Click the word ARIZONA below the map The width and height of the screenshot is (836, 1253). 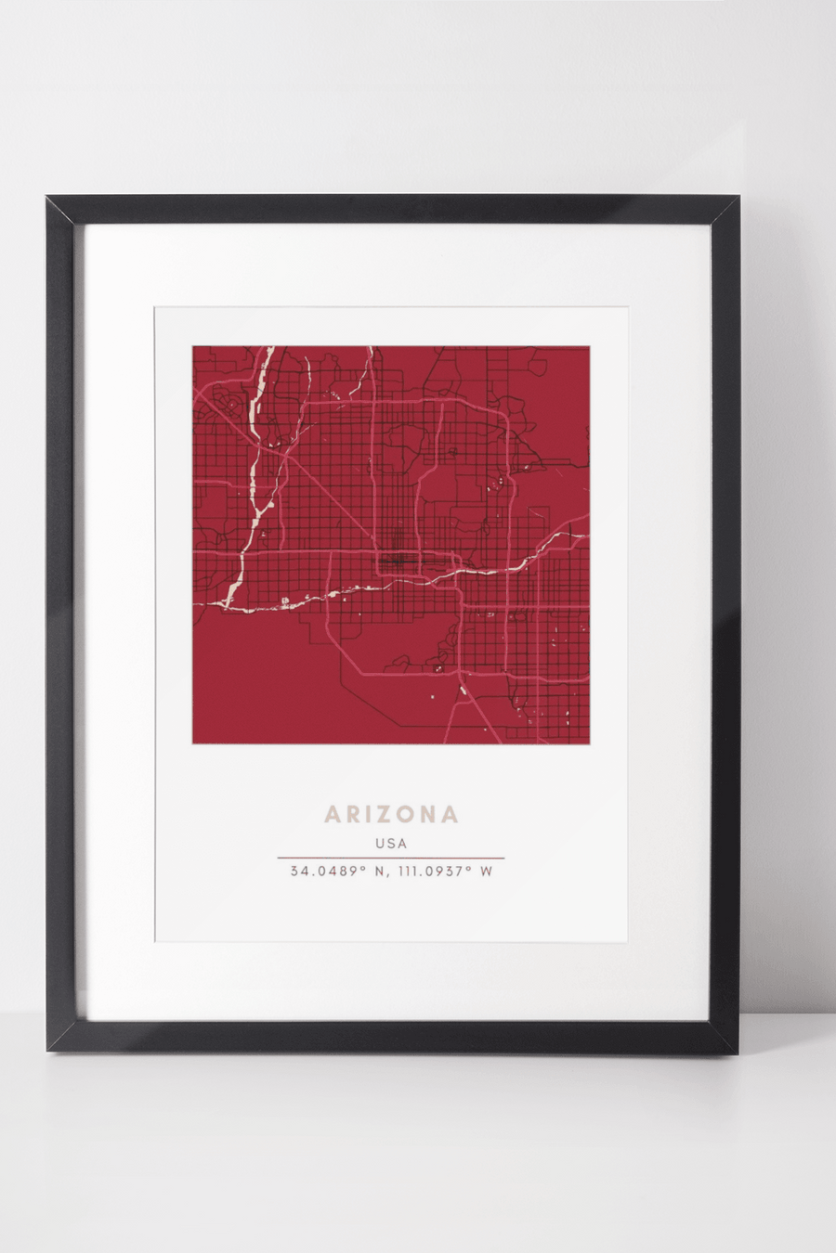pos(391,815)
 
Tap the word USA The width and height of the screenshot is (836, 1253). pos(391,844)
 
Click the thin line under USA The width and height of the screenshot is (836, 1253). pos(391,858)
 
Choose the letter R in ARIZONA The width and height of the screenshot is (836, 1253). pos(349,815)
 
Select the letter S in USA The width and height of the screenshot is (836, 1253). pos(391,844)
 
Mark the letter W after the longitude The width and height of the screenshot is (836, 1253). pos(486,872)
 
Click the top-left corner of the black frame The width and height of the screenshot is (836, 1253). pos(48,198)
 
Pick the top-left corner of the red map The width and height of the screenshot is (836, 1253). pos(194,348)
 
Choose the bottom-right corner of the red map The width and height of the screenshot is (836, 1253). pos(588,742)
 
